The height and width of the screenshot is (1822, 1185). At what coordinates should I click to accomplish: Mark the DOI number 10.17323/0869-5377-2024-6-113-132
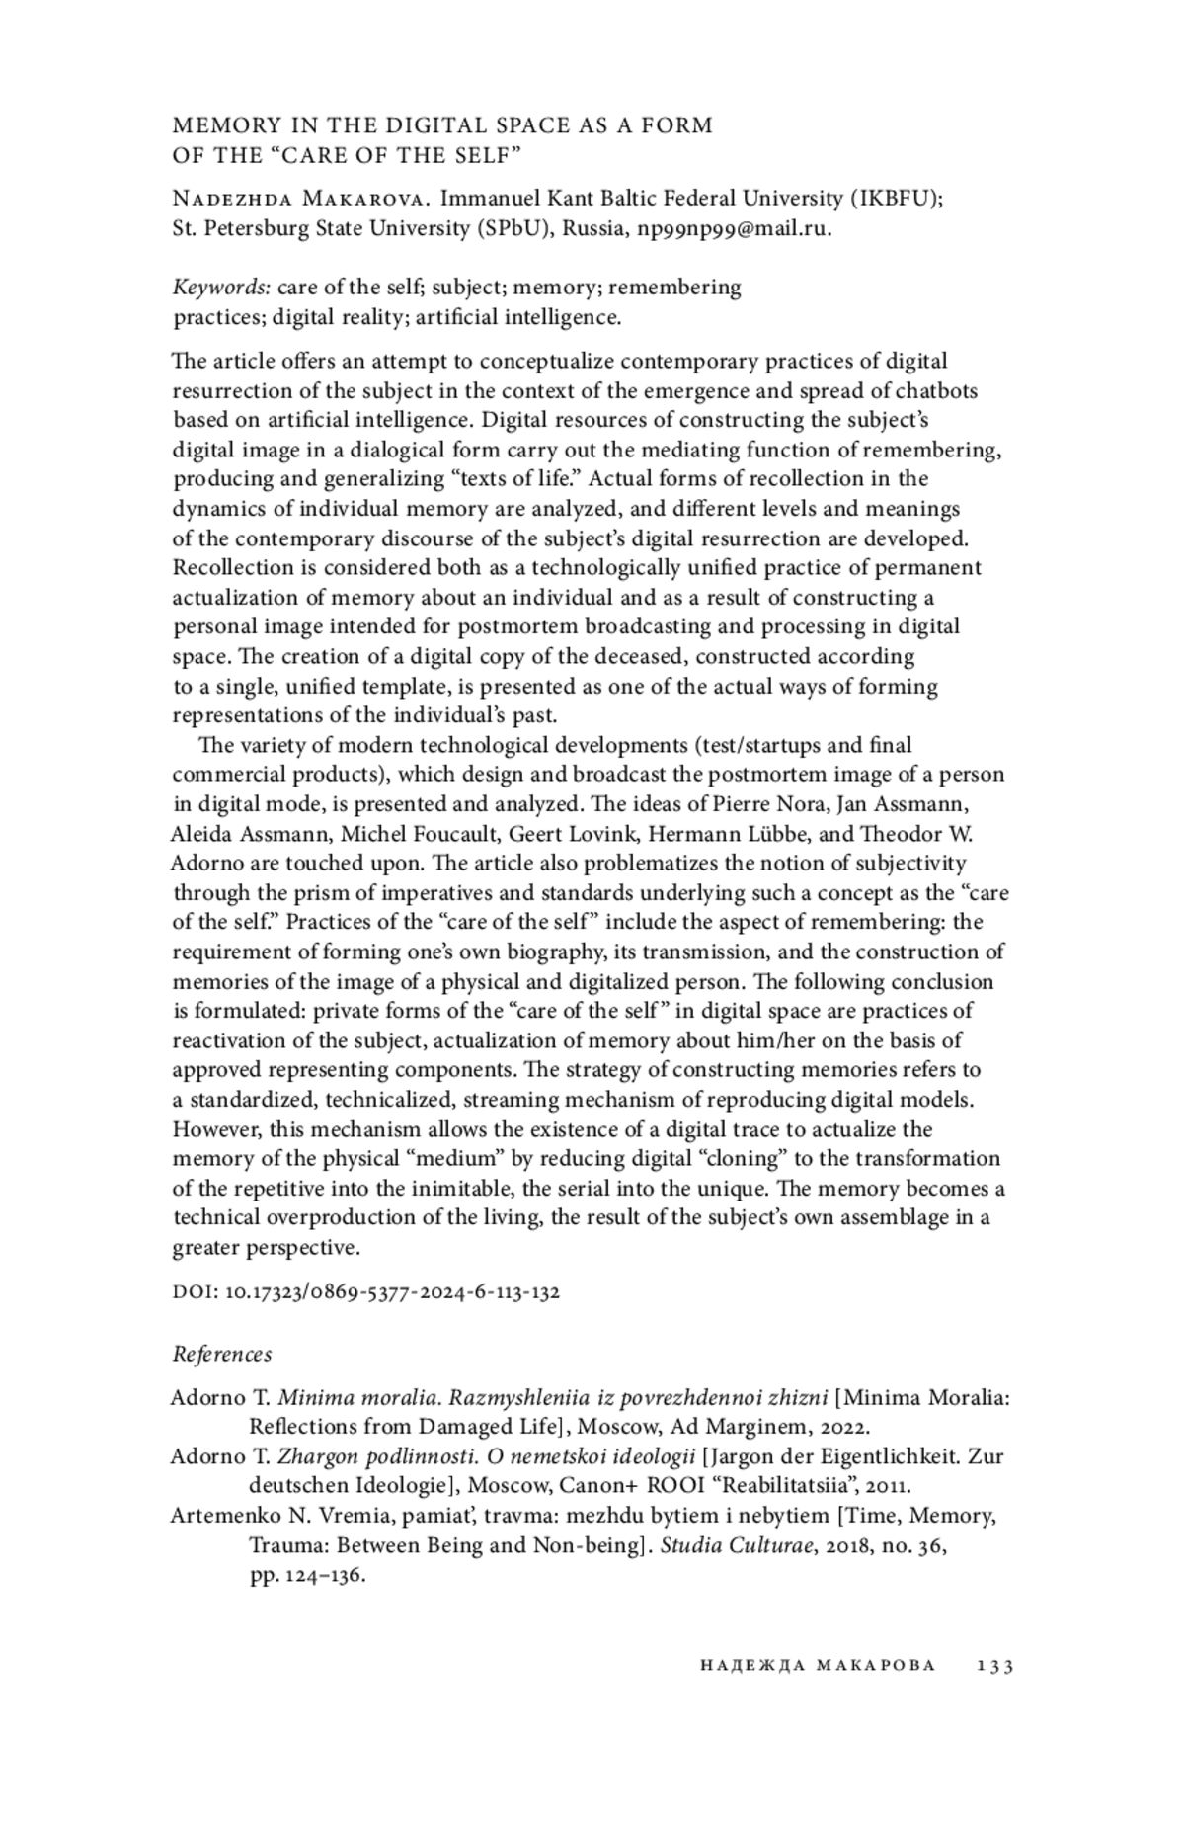(x=393, y=1291)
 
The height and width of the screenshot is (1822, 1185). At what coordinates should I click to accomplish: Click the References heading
(x=222, y=1354)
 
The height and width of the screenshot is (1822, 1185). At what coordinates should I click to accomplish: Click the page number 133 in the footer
(x=995, y=1666)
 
